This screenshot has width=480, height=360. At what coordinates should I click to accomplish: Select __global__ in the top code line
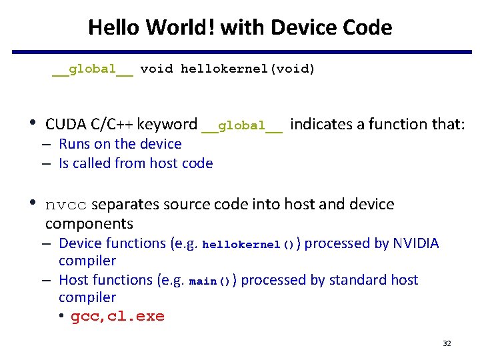[93, 69]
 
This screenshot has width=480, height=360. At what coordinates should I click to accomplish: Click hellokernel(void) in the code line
[248, 69]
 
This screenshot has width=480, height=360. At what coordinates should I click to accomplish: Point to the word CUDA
[65, 124]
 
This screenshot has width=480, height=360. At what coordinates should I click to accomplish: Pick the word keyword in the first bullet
[169, 124]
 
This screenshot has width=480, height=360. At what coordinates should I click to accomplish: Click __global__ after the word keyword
[241, 125]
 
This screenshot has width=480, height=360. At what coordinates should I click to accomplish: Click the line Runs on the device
[120, 144]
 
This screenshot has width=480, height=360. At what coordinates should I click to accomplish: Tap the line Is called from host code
[135, 163]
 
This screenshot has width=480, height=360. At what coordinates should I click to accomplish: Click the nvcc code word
[66, 205]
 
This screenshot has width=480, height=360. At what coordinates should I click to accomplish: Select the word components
[89, 223]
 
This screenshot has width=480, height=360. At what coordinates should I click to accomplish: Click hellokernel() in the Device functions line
[248, 245]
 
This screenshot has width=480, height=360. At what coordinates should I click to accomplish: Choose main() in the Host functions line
[210, 281]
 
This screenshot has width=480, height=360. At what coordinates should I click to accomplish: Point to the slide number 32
[447, 343]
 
